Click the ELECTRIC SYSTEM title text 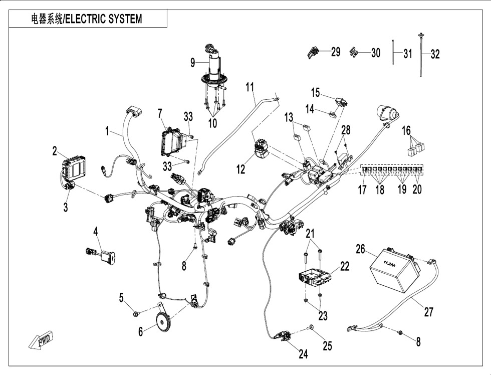coord(88,19)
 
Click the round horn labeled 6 coord(162,321)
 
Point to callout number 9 coord(192,63)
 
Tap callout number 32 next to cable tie coord(435,54)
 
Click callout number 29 coord(335,52)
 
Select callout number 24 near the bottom coord(303,354)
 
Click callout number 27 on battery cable coord(428,312)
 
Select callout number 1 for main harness coord(107,131)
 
